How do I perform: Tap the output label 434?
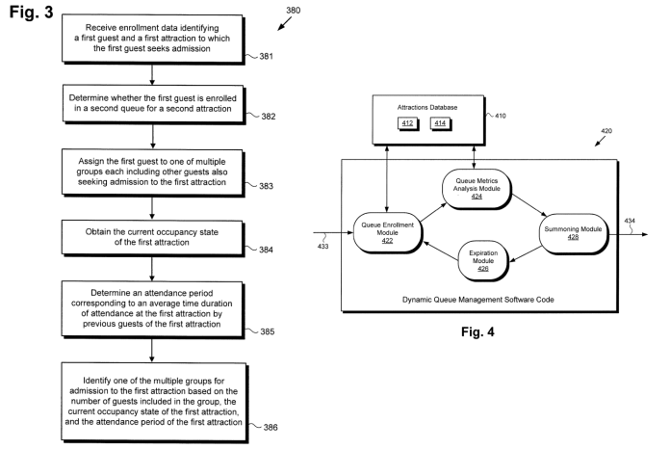coord(629,220)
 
